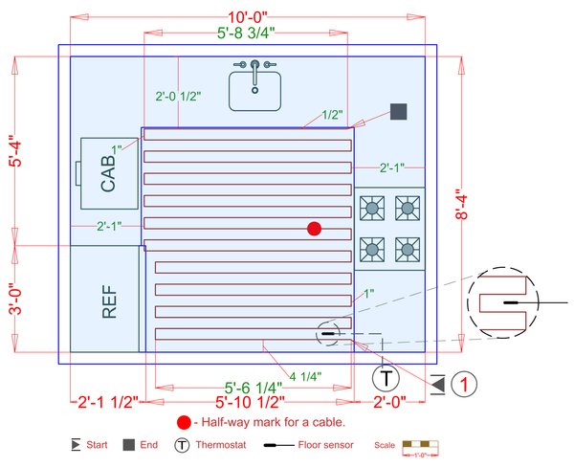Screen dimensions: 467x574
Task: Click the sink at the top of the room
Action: pos(254,87)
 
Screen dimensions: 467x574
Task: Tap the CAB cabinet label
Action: pos(107,175)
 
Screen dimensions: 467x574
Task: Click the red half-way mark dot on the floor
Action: pos(314,228)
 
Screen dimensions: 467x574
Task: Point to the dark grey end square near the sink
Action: pos(399,111)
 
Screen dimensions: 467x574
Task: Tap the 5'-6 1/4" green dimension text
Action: pos(247,388)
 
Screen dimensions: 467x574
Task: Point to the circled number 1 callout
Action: pos(464,384)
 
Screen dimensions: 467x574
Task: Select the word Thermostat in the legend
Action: pos(218,445)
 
